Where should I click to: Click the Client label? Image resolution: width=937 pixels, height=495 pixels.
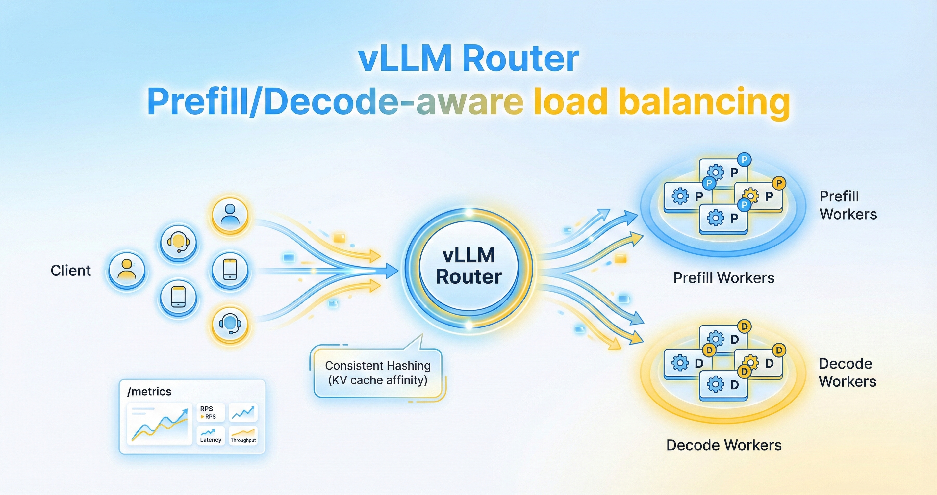(x=70, y=271)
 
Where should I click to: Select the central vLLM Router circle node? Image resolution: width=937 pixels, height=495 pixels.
(x=468, y=267)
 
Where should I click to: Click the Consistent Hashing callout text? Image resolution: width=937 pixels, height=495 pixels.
(x=378, y=365)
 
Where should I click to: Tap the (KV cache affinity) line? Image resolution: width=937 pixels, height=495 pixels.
(x=378, y=380)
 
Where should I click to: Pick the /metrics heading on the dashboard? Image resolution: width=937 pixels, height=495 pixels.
(x=149, y=392)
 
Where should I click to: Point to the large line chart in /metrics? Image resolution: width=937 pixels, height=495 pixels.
(x=159, y=424)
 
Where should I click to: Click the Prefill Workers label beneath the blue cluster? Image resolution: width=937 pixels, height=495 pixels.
(x=723, y=278)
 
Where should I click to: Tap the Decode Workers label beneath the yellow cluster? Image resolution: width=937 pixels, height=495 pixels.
(x=723, y=445)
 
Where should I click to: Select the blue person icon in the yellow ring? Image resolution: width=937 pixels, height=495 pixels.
(x=230, y=214)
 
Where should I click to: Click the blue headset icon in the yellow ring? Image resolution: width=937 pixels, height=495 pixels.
(x=230, y=324)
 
